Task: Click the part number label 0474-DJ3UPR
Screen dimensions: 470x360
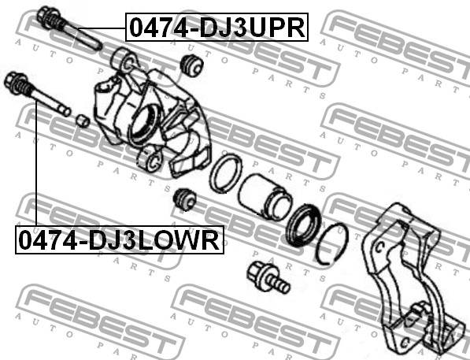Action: [216, 28]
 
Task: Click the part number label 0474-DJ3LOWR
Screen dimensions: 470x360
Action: [120, 239]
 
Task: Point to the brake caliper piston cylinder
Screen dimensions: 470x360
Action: [265, 195]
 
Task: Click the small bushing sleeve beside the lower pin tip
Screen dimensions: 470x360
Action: [82, 121]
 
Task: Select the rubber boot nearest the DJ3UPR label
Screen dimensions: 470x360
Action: [192, 65]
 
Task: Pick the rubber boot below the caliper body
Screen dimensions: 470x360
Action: [185, 199]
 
